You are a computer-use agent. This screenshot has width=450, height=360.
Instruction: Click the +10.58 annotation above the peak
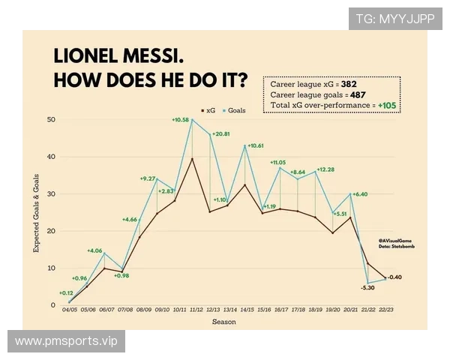point(182,119)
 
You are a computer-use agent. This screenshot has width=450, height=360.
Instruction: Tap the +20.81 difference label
point(221,133)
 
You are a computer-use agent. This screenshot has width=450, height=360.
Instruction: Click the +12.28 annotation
point(325,169)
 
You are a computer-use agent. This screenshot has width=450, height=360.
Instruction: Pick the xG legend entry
point(208,110)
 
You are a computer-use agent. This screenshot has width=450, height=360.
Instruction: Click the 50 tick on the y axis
point(51,120)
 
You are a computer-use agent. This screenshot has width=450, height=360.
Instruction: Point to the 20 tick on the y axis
point(51,231)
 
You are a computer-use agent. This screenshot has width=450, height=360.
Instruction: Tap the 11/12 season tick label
point(196,310)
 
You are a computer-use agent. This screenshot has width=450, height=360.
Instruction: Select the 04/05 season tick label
point(69,310)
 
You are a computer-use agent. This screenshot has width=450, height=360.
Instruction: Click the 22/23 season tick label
point(385,310)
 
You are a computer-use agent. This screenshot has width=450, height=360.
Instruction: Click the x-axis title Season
point(223,322)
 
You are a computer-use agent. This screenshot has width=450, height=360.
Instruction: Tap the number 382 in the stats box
point(349,85)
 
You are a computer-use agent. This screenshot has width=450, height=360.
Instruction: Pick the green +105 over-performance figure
point(388,106)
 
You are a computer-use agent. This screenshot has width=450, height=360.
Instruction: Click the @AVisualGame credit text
point(394,238)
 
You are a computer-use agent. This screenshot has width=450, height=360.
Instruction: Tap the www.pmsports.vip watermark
point(66,341)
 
